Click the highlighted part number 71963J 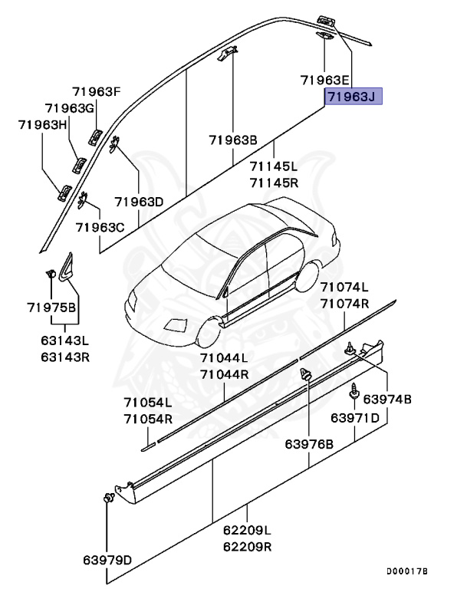(x=352, y=97)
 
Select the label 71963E (x=324, y=80)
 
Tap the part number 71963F (x=97, y=92)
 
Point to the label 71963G (x=69, y=108)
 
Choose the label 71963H (x=44, y=124)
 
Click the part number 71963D (x=140, y=202)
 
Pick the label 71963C (x=100, y=227)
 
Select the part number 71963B (x=232, y=140)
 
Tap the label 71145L (x=274, y=166)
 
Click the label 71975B (x=51, y=308)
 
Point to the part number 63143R (x=65, y=357)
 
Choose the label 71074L (x=344, y=288)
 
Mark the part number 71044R (x=224, y=374)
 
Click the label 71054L (x=148, y=403)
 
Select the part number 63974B (x=387, y=400)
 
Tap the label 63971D (x=355, y=418)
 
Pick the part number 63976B (x=309, y=444)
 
